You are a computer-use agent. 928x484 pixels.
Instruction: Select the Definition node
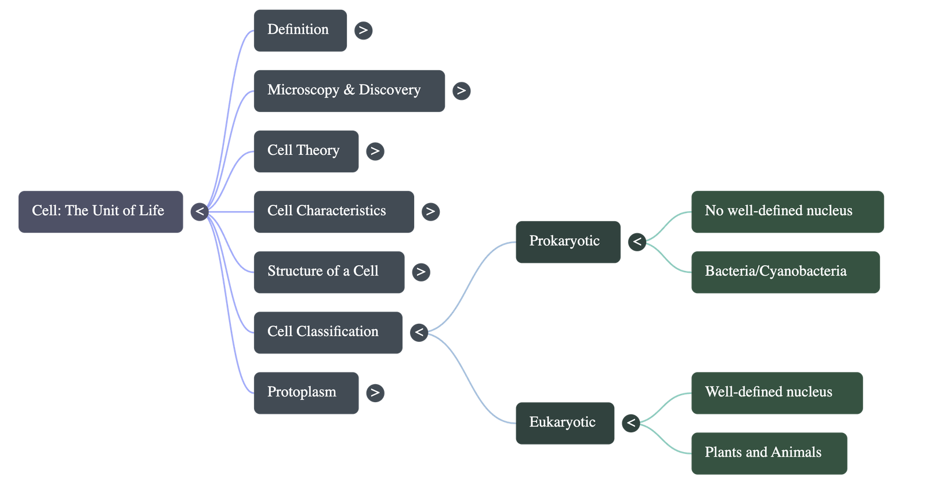[x=300, y=30]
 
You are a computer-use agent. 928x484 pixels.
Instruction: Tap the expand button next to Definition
[x=363, y=30]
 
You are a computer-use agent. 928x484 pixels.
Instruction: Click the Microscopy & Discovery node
[x=349, y=91]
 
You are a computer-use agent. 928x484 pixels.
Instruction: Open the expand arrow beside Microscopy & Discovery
[x=461, y=91]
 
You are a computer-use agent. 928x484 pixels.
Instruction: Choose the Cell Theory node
[x=306, y=151]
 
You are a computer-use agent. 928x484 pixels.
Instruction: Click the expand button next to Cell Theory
[x=375, y=151]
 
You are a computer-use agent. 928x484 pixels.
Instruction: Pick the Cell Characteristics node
[x=333, y=212]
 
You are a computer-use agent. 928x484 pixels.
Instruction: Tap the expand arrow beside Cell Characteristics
[x=430, y=212]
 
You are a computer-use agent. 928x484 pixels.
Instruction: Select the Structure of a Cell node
[x=329, y=272]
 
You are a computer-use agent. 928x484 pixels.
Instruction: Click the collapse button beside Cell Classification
[x=419, y=333]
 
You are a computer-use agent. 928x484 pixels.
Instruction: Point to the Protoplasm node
[x=306, y=393]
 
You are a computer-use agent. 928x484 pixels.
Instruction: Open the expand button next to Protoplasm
[x=375, y=393]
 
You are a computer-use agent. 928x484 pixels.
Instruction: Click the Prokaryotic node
[x=567, y=242]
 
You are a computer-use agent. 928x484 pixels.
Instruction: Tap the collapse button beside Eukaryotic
[x=631, y=423]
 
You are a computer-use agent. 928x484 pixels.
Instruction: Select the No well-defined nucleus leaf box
[x=787, y=212]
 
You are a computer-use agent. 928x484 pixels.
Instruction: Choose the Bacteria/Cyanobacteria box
[x=785, y=272]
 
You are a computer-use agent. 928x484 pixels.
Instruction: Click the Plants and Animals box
[x=768, y=453]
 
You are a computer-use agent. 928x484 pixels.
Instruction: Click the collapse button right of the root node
[x=200, y=212]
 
